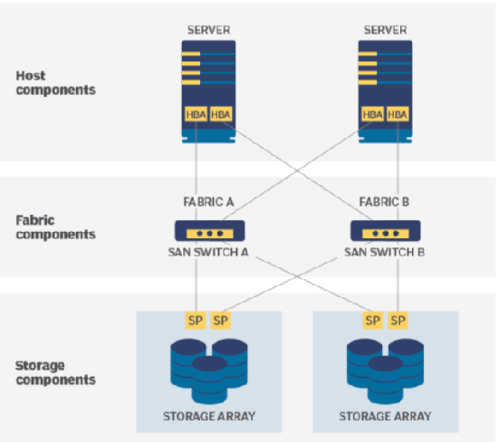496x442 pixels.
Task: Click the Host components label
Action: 55,82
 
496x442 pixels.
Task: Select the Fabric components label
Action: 55,227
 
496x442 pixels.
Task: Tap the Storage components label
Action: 55,372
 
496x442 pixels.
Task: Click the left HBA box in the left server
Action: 196,114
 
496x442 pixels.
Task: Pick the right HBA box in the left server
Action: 220,114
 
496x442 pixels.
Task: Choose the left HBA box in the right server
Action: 372,114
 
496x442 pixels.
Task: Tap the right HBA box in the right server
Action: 397,114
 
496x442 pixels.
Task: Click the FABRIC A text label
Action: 209,202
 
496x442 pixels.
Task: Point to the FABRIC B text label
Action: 385,202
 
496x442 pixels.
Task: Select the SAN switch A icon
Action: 209,230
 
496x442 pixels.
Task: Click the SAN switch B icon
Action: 385,230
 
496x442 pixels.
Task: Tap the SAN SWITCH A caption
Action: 209,252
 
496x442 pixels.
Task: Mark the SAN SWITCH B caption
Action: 385,252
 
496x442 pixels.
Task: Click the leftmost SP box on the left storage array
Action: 196,320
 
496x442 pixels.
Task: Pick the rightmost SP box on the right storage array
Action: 398,320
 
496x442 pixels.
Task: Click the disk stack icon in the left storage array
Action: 209,368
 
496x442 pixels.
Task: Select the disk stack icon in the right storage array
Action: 385,368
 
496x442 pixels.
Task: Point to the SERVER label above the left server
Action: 209,29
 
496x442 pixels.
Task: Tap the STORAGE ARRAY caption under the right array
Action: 385,416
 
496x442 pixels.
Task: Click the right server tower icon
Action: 385,91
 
